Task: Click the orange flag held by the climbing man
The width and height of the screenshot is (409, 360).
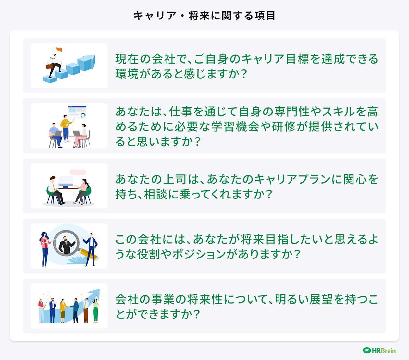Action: click(59, 50)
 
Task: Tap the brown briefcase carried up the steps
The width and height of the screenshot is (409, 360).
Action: click(50, 66)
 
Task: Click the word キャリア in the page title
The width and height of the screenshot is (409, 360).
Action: click(155, 16)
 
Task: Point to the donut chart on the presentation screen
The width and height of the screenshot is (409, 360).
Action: click(83, 115)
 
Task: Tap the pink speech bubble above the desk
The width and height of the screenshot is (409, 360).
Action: click(78, 172)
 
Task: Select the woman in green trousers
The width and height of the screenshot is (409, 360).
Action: click(95, 310)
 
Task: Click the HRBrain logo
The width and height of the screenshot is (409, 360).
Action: click(379, 350)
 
